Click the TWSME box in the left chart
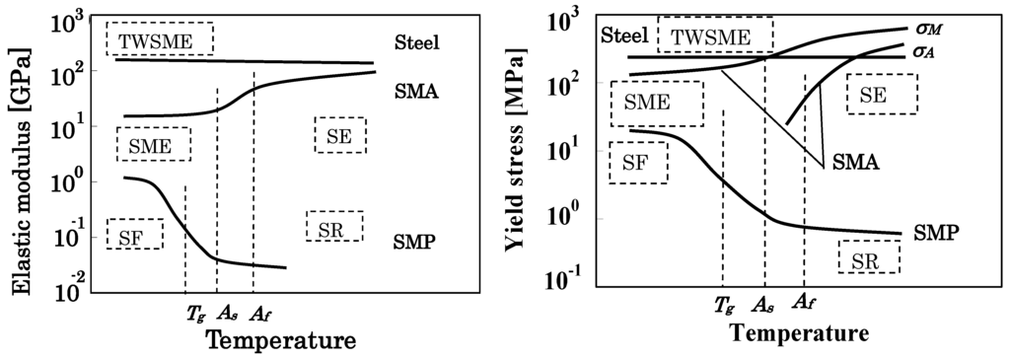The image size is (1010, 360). click(160, 40)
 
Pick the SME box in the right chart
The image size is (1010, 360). click(656, 102)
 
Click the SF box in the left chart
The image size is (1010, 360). click(135, 235)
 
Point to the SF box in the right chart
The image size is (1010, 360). click(637, 163)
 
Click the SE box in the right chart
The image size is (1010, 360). click(881, 95)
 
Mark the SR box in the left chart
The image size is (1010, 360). click(334, 228)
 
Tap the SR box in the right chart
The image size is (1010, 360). click(869, 257)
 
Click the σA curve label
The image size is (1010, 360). click(922, 51)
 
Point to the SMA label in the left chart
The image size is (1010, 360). click(415, 92)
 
